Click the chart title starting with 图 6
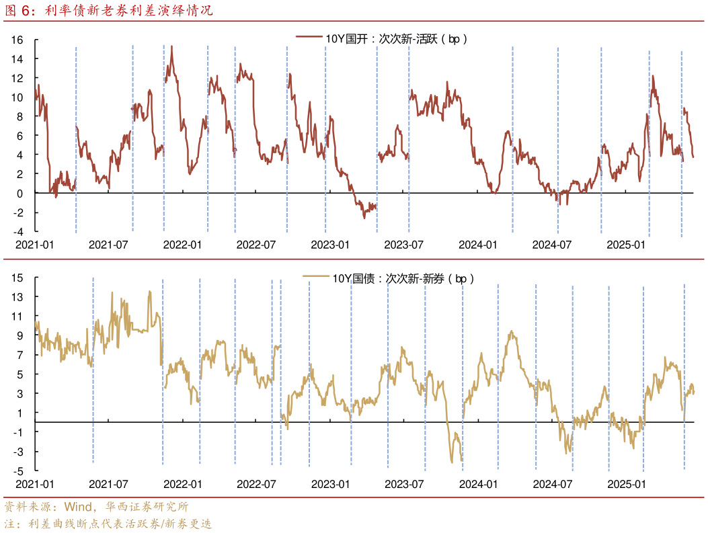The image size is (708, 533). pos(108,11)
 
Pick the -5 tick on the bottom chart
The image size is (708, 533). pos(17,470)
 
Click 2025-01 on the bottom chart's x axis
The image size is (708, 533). pos(625,483)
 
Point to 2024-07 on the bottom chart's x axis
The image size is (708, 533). pos(551,483)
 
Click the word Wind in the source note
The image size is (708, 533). pos(79,507)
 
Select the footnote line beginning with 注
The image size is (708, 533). pos(108,524)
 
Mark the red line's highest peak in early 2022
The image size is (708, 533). pos(172,46)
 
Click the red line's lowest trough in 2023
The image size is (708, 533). pos(364,217)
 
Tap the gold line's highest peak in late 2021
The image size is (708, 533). pos(150,291)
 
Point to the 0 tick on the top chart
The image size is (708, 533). pos(19,193)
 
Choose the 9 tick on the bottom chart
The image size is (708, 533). pos(19,335)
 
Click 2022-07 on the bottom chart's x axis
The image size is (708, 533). pos(256,483)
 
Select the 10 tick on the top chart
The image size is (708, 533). pos(17,97)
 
